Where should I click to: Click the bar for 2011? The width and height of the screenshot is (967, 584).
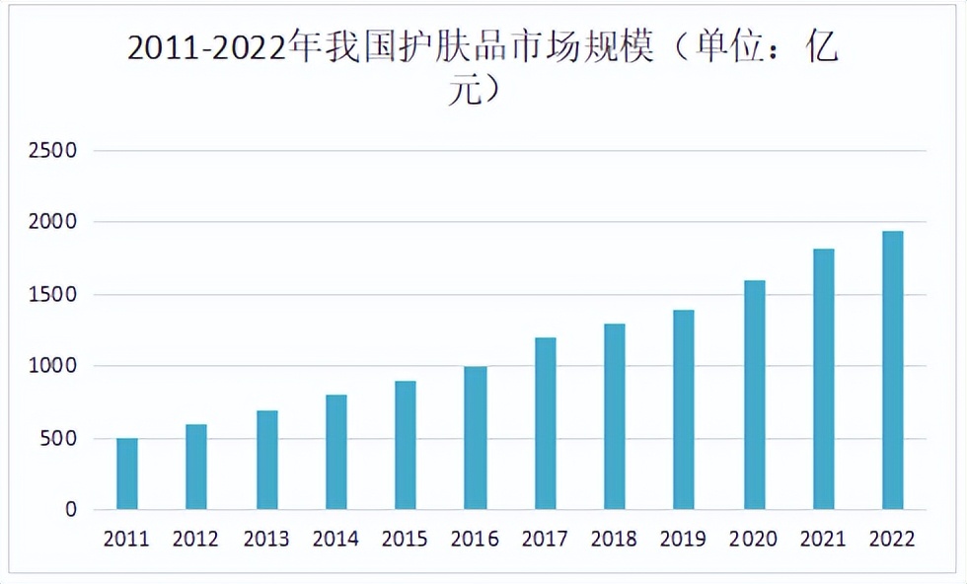(x=126, y=474)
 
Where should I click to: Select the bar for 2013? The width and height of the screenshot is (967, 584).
(x=266, y=460)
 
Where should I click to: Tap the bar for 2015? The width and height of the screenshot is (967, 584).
(x=406, y=445)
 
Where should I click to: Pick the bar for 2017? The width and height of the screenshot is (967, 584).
(x=546, y=423)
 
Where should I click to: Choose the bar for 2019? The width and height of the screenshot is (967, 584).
(x=684, y=409)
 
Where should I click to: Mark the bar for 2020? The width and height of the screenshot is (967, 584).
(x=754, y=395)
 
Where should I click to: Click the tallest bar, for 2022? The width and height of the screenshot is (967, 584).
(x=893, y=370)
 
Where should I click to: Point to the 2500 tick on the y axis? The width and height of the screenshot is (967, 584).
(x=57, y=151)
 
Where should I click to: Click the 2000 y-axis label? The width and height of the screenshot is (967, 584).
(x=57, y=223)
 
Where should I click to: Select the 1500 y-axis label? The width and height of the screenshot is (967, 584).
(x=57, y=295)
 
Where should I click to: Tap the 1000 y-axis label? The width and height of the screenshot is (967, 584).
(x=57, y=366)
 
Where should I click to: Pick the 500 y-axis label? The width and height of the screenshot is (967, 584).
(x=62, y=438)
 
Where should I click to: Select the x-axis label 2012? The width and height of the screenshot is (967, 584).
(x=195, y=540)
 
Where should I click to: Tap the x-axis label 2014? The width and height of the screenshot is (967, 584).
(x=335, y=540)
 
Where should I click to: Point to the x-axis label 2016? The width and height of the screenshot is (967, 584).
(x=475, y=540)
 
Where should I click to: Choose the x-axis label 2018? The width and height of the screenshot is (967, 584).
(x=614, y=540)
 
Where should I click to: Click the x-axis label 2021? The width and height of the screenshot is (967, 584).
(x=823, y=540)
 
